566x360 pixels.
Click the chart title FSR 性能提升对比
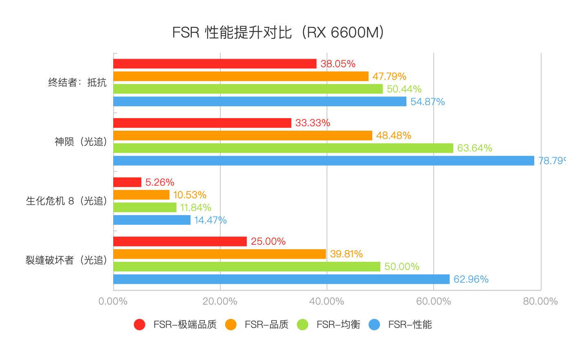(x=278, y=32)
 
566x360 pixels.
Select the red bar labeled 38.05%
(x=215, y=64)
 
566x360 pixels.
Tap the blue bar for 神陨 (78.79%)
(x=323, y=161)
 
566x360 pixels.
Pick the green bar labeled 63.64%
(x=283, y=148)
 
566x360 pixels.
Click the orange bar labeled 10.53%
(x=141, y=195)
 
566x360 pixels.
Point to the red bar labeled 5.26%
(x=127, y=182)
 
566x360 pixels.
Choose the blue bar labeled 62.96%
(x=281, y=279)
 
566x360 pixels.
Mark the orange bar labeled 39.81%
(x=219, y=254)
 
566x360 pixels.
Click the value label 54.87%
(x=427, y=102)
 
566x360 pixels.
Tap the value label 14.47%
(x=210, y=220)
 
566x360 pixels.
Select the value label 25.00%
(x=268, y=241)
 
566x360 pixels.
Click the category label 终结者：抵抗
(x=77, y=83)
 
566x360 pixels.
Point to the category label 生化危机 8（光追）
(x=66, y=201)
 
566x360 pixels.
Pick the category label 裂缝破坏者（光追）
(x=66, y=260)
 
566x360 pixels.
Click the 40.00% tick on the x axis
(x=327, y=301)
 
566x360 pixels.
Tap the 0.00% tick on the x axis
(x=113, y=301)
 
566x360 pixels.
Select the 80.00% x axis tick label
(x=540, y=301)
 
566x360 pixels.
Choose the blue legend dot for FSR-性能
(x=374, y=325)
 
